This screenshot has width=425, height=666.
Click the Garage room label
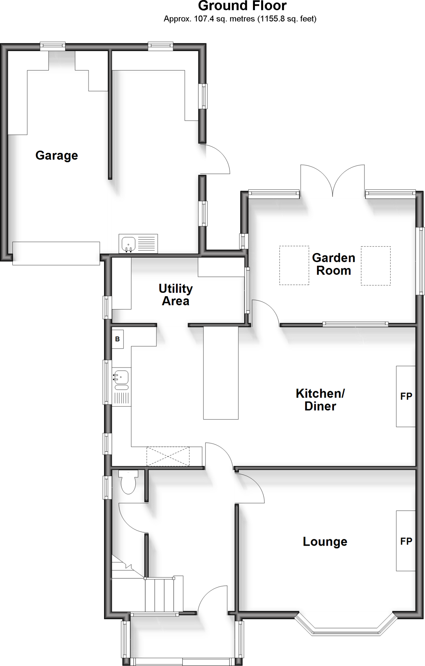pyautogui.click(x=57, y=155)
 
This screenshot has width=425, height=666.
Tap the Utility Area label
pyautogui.click(x=176, y=295)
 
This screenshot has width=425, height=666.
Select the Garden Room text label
pyautogui.click(x=334, y=264)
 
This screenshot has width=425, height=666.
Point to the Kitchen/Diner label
pyautogui.click(x=320, y=400)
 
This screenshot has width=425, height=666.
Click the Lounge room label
pyautogui.click(x=325, y=541)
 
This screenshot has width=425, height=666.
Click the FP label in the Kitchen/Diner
pyautogui.click(x=406, y=396)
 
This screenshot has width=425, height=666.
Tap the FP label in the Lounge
pyautogui.click(x=406, y=541)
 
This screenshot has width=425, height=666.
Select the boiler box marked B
pyautogui.click(x=117, y=339)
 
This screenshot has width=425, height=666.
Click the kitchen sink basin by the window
pyautogui.click(x=121, y=377)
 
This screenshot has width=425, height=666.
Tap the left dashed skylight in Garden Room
pyautogui.click(x=294, y=265)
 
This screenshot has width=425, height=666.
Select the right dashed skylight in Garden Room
pyautogui.click(x=376, y=265)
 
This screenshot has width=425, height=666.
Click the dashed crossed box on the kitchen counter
pyautogui.click(x=168, y=457)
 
